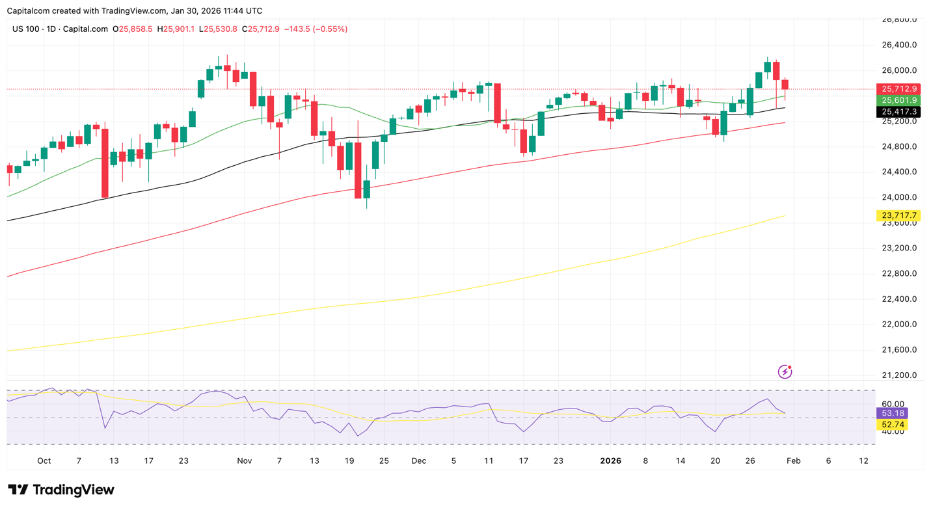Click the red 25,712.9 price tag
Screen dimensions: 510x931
[x=898, y=89]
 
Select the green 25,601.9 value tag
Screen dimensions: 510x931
[x=898, y=100]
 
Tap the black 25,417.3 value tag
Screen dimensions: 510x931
[x=898, y=112]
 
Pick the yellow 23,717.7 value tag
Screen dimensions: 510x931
[x=898, y=215]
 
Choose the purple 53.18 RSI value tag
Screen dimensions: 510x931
[x=893, y=413]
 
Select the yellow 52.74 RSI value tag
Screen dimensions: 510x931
[x=893, y=425]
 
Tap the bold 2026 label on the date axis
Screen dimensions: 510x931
[x=610, y=461]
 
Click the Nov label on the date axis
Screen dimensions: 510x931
[x=244, y=461]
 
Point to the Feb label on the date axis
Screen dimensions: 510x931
[x=793, y=461]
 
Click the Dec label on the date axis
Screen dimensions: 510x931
[x=418, y=461]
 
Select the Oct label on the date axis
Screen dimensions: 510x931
[x=44, y=461]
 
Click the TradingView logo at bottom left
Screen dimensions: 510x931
[x=61, y=490]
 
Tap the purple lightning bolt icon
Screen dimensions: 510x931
[x=785, y=372]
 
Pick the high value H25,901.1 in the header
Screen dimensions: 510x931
[x=176, y=29]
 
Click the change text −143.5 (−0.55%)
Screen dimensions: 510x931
[x=316, y=29]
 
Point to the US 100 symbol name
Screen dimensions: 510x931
[x=27, y=29]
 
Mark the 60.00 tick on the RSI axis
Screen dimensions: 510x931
[x=893, y=404]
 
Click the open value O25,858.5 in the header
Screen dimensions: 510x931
[x=133, y=29]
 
